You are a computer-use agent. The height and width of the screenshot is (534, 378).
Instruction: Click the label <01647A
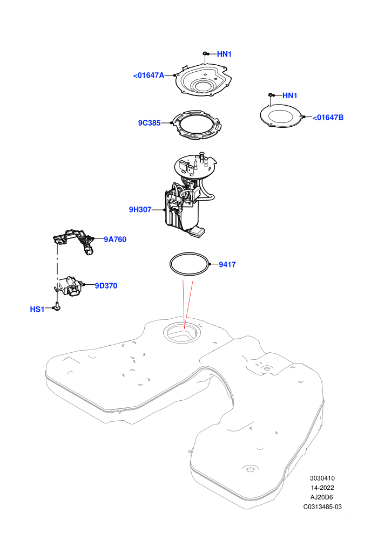pos(148,76)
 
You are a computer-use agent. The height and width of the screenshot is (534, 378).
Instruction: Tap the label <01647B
pos(328,118)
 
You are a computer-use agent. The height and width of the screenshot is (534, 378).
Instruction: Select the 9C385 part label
pos(149,123)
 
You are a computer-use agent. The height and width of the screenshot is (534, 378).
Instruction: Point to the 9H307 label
pos(140,209)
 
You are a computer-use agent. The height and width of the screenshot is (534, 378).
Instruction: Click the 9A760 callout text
pos(115,239)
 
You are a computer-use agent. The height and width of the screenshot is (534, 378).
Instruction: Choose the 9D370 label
pos(106,286)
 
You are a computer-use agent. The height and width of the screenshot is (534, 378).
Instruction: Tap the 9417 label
pos(227,265)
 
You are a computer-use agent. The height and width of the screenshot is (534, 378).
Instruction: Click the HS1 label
pos(37,309)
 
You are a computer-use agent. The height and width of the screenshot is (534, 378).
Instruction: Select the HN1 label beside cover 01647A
pos(224,54)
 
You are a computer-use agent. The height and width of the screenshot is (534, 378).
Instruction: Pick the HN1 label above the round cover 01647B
pos(290,95)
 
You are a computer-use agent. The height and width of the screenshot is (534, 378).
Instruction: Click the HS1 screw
pos(58,307)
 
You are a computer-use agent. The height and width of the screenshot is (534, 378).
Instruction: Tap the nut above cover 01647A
pos(205,53)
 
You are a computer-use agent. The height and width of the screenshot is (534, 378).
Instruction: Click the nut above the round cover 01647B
pos(271,95)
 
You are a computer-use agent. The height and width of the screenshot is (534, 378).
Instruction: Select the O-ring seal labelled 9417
pos(190,253)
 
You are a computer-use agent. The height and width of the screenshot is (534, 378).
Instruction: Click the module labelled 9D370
pos(70,285)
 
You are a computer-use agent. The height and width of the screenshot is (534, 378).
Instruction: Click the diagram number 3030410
pos(322,478)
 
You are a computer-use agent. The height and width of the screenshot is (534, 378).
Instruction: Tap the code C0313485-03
pos(322,506)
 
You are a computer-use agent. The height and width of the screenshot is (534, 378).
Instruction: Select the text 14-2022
pos(322,488)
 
